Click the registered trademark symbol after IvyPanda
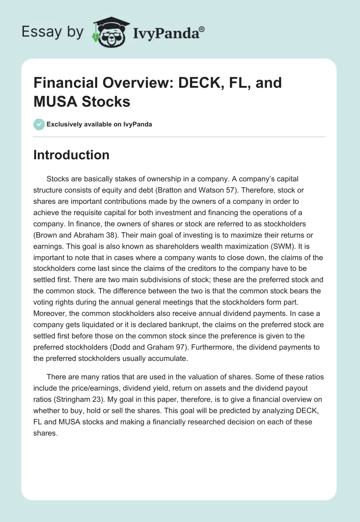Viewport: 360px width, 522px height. pos(202,29)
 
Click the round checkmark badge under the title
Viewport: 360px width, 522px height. pos(39,124)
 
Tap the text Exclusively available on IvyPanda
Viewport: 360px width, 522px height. pos(100,125)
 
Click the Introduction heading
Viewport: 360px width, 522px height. pos(71,155)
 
